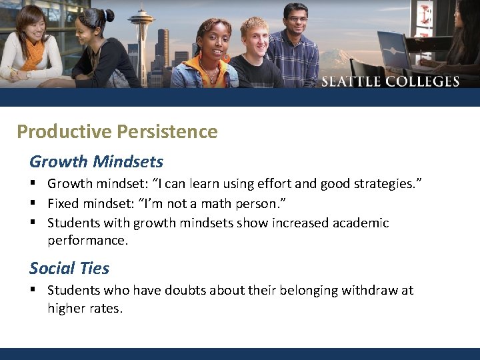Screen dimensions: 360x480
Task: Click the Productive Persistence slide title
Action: pyautogui.click(x=117, y=131)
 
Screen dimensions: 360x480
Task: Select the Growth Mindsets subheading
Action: pyautogui.click(x=96, y=161)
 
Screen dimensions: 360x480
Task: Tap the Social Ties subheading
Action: pyautogui.click(x=69, y=268)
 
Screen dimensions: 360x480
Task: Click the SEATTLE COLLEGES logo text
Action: pyautogui.click(x=391, y=82)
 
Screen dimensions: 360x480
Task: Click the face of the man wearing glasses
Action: pyautogui.click(x=295, y=21)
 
